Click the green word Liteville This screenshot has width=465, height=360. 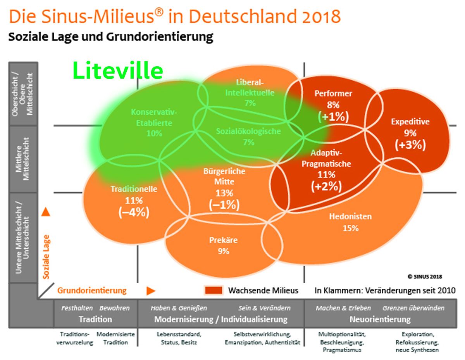(118, 71)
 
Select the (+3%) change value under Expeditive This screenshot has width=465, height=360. (410, 145)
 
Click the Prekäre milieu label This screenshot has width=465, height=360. (223, 240)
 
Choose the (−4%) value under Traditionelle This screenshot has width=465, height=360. (134, 213)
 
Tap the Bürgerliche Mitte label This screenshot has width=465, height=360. (224, 176)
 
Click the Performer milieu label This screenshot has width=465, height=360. (333, 93)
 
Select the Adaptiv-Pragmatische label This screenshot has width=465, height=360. (326, 158)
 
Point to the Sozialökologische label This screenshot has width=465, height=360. (248, 131)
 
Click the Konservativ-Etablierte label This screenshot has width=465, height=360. (154, 118)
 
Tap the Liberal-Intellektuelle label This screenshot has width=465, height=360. (250, 88)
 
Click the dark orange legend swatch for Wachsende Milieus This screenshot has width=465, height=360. (214, 290)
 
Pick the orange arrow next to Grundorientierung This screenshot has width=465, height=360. (151, 291)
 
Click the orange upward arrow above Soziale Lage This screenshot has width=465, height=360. (46, 212)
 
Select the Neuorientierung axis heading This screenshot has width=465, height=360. (380, 319)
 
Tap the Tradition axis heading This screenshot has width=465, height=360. (95, 319)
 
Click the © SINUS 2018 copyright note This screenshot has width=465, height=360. (425, 277)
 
